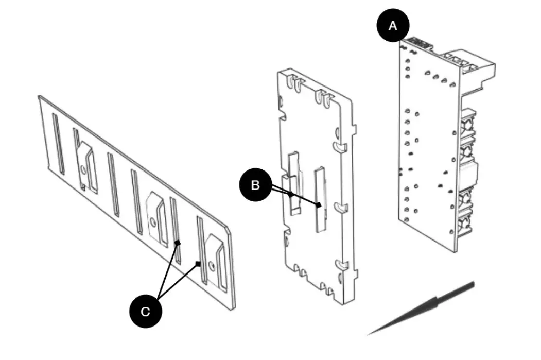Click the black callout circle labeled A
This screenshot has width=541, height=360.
393,26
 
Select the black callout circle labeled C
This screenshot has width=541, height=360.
145,311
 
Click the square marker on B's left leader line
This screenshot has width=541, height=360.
291,195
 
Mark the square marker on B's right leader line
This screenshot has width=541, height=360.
319,205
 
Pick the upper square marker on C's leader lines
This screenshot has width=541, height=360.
177,242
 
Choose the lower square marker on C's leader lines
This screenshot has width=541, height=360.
198,264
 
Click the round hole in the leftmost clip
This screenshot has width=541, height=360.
83,168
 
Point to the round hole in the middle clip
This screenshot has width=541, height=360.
153,221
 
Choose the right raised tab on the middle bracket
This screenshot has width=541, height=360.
320,198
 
